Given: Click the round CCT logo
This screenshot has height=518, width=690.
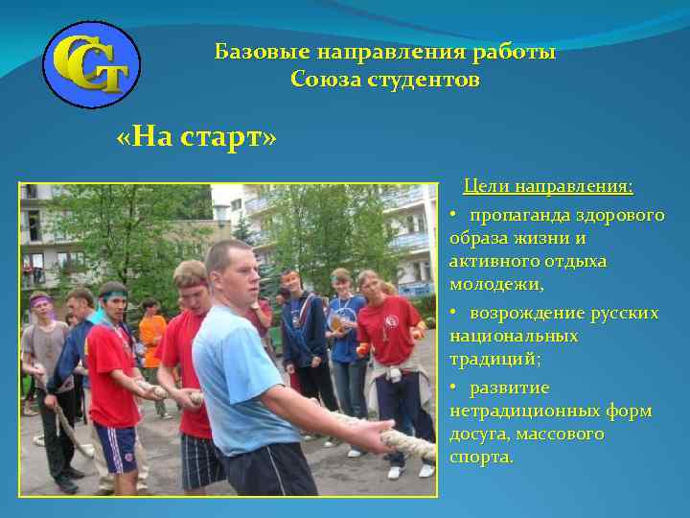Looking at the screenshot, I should (93, 65).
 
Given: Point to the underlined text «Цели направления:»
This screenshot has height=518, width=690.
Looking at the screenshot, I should (548, 185).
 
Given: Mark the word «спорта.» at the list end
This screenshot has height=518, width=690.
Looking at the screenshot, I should (482, 458).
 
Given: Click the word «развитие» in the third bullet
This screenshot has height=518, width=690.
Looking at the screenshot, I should (509, 388).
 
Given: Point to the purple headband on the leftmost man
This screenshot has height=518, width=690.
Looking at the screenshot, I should (39, 300).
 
